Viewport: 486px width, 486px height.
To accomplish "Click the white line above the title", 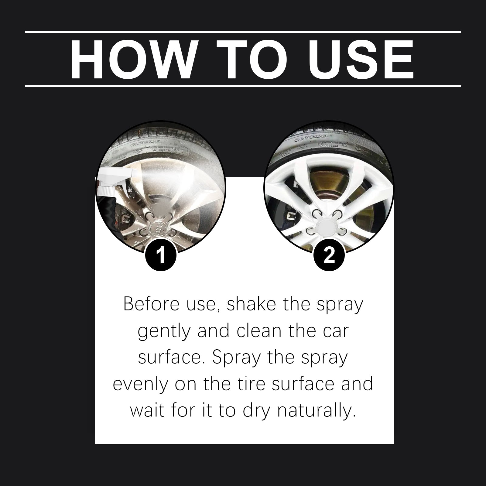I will pos(243,32).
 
